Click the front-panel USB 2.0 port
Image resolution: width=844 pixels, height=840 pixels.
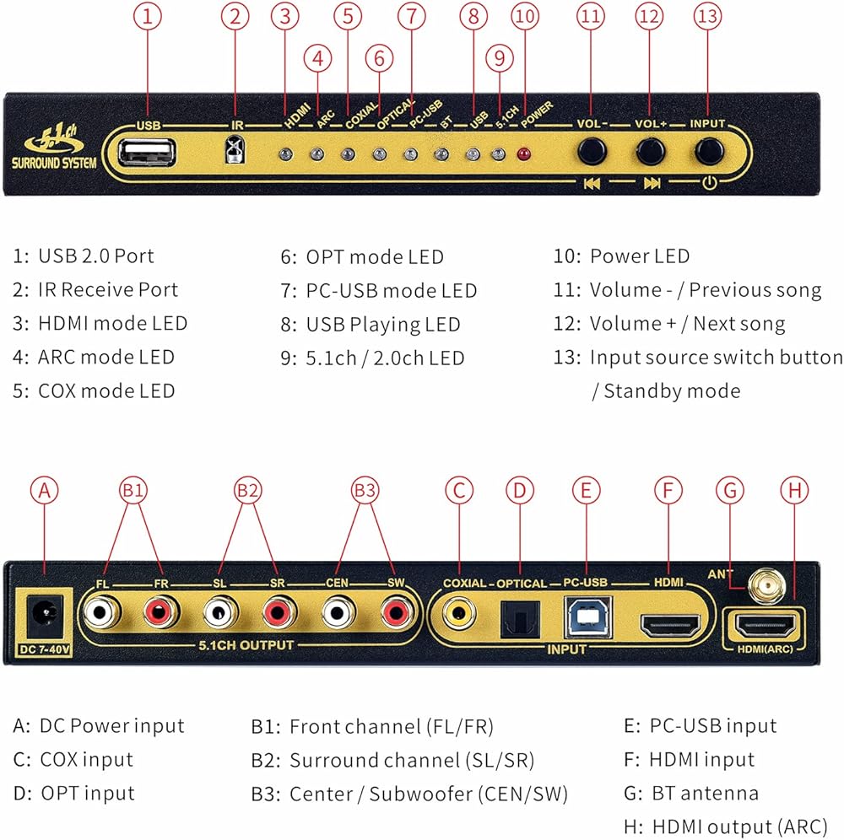point(146,153)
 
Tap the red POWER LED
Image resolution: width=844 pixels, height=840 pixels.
point(523,155)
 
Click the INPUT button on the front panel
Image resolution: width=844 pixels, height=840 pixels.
point(708,151)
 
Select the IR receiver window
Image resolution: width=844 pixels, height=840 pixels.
point(235,149)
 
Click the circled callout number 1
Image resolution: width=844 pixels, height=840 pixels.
point(147,17)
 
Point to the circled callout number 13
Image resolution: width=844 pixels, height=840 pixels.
point(707,17)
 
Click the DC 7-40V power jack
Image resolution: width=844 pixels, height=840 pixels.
point(45,615)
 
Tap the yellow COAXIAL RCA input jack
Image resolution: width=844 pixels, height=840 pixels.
point(458,613)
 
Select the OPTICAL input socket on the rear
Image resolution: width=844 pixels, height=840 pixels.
point(519,618)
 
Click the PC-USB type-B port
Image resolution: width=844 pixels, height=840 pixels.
point(587,617)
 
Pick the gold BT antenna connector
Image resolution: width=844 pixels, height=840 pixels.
point(766,586)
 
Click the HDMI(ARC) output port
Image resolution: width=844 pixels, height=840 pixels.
point(765,626)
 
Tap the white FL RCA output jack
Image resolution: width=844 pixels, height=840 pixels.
point(101,612)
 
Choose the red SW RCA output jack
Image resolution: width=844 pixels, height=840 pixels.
point(397,612)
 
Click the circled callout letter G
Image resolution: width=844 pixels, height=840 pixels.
point(730,491)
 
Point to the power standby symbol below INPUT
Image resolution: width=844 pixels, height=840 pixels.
point(710,183)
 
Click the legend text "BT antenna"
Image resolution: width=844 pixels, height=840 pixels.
point(705,794)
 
